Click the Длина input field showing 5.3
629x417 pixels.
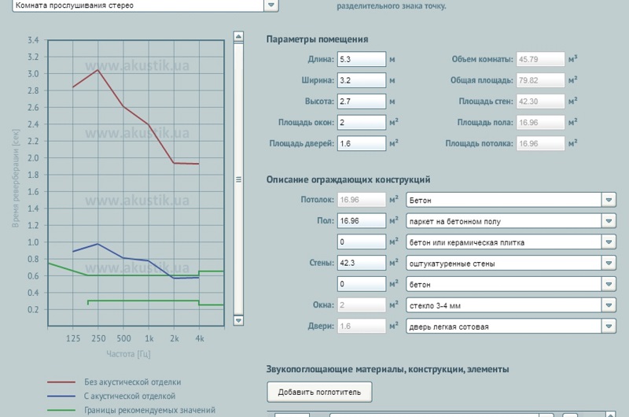[x=361, y=59]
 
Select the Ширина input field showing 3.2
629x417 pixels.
[x=361, y=80]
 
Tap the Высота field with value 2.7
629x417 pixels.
[x=361, y=101]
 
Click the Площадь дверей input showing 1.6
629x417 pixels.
[x=361, y=144]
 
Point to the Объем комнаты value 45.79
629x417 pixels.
[x=540, y=59]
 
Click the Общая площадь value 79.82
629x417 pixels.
[x=540, y=80]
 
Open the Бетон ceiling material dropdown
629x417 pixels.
[x=510, y=200]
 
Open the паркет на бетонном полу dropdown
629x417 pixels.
[x=510, y=221]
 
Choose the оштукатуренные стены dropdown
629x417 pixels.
[x=510, y=263]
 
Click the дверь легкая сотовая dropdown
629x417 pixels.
[x=510, y=326]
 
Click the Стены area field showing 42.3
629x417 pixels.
[x=361, y=263]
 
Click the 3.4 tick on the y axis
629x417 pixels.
[x=32, y=40]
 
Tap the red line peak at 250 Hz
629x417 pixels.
[x=97, y=70]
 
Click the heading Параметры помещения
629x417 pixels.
[x=317, y=39]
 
